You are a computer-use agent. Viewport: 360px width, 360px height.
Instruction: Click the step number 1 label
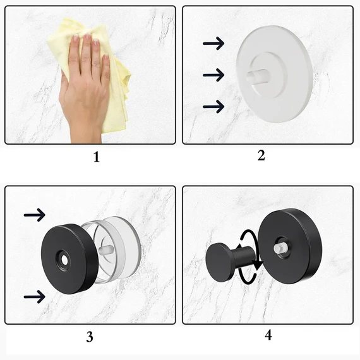tap(97, 157)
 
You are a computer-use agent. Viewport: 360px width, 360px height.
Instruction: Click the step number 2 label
tap(261, 155)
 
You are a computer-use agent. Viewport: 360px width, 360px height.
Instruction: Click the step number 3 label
tap(90, 337)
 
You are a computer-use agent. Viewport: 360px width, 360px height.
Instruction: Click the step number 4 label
tap(268, 335)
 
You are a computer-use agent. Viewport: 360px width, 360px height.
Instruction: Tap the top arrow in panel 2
tap(213, 43)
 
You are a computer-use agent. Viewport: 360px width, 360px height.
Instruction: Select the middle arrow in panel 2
tap(213, 75)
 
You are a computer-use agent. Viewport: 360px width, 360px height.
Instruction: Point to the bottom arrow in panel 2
tap(213, 107)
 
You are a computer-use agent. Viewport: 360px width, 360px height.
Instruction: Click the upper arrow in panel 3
tap(35, 215)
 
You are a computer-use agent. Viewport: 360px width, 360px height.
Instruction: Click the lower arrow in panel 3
tap(35, 297)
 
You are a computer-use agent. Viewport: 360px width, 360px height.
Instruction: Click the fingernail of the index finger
tap(76, 38)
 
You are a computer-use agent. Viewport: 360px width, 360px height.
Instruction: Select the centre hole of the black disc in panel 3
tap(64, 260)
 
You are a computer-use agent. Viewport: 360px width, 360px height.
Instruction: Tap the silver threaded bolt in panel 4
tap(280, 248)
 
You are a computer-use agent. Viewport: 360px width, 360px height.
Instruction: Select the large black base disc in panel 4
tap(290, 246)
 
